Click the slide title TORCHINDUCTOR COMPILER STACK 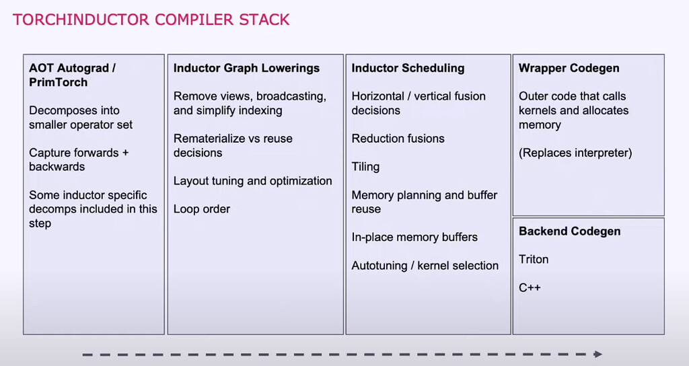pyautogui.click(x=151, y=19)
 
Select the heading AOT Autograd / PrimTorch pyautogui.click(x=73, y=75)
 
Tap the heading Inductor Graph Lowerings pyautogui.click(x=246, y=68)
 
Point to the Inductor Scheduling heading pyautogui.click(x=408, y=68)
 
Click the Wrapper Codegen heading pyautogui.click(x=569, y=68)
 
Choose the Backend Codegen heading pyautogui.click(x=569, y=231)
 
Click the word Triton pyautogui.click(x=534, y=259)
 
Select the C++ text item pyautogui.click(x=530, y=287)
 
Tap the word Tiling pyautogui.click(x=365, y=167)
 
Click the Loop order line pyautogui.click(x=202, y=209)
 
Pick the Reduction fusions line pyautogui.click(x=398, y=139)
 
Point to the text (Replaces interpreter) pyautogui.click(x=575, y=153)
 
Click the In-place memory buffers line pyautogui.click(x=414, y=237)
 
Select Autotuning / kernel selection pyautogui.click(x=425, y=266)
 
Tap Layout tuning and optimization pyautogui.click(x=252, y=181)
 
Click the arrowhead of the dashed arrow pyautogui.click(x=597, y=354)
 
